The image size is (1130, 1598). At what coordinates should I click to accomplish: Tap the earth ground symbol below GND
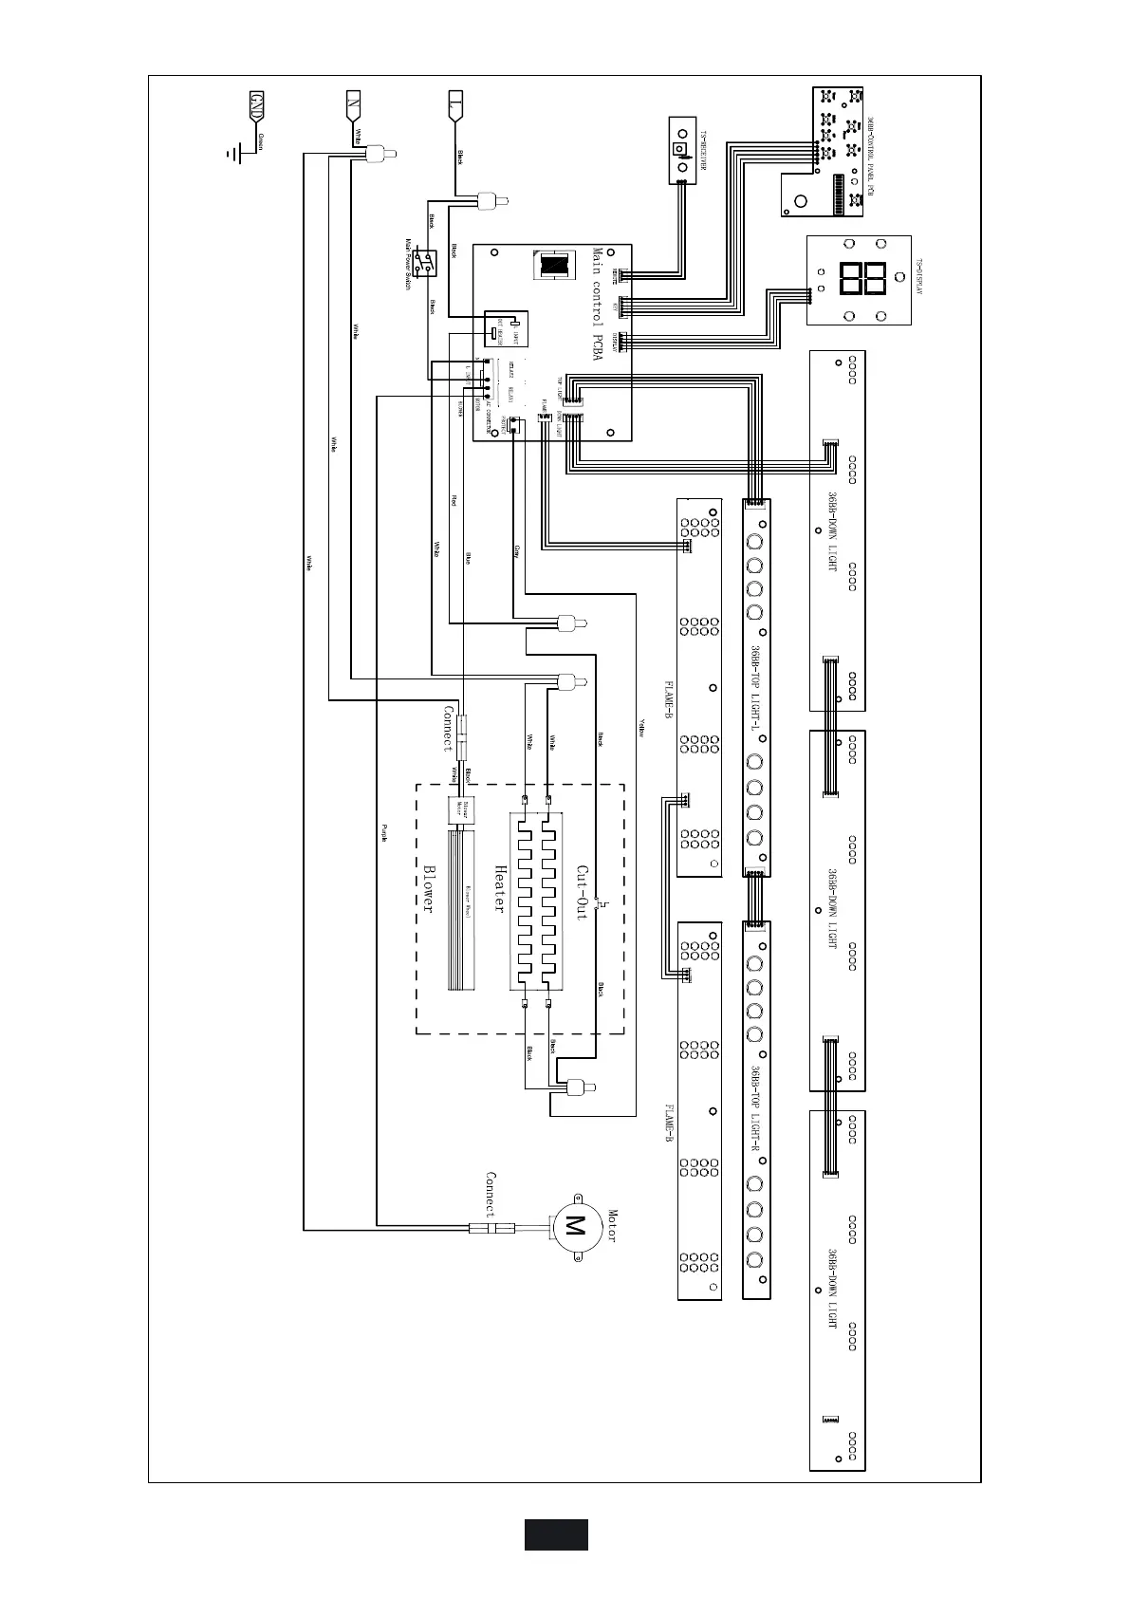coord(234,153)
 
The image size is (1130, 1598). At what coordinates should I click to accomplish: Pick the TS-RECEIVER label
coord(704,150)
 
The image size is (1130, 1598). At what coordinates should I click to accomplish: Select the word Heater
coord(499,889)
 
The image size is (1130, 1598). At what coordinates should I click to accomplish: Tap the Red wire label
coord(454,500)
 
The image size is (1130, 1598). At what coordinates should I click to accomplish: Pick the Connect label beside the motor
coord(491,1194)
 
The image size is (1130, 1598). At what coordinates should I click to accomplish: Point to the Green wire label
coord(261,141)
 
